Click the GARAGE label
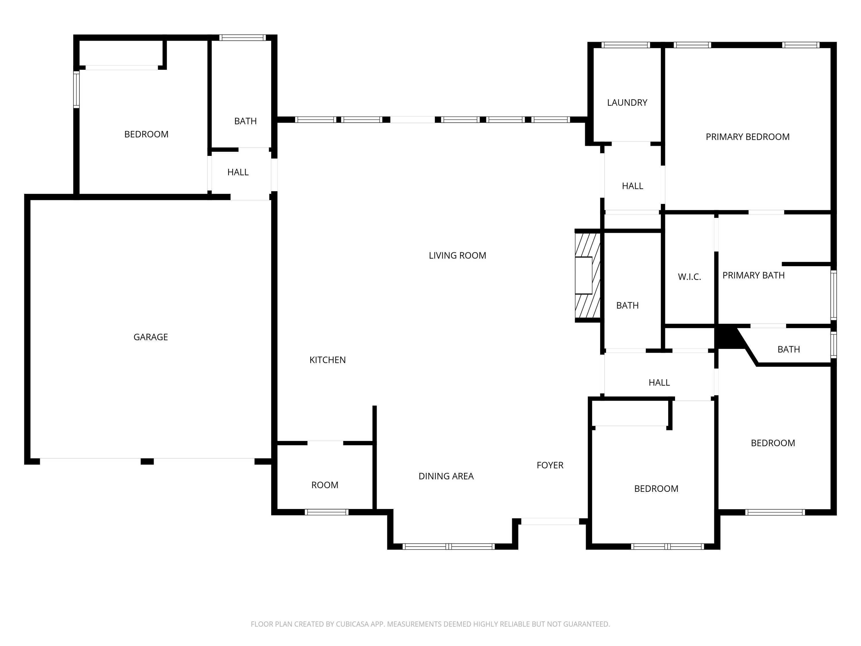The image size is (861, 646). [151, 337]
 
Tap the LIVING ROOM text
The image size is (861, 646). [457, 256]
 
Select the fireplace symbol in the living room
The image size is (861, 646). [587, 276]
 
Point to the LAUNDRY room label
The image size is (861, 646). [627, 103]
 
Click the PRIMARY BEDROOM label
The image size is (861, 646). [747, 137]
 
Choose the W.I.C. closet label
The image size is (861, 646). [689, 277]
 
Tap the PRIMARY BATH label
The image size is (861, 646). [753, 276]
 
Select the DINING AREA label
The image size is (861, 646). [446, 476]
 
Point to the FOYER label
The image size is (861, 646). [550, 465]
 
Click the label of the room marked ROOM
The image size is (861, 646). [325, 485]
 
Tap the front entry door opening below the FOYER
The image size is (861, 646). [550, 521]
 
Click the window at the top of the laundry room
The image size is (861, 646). [625, 45]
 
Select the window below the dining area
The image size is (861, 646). [448, 547]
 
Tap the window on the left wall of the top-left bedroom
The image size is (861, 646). [77, 90]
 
